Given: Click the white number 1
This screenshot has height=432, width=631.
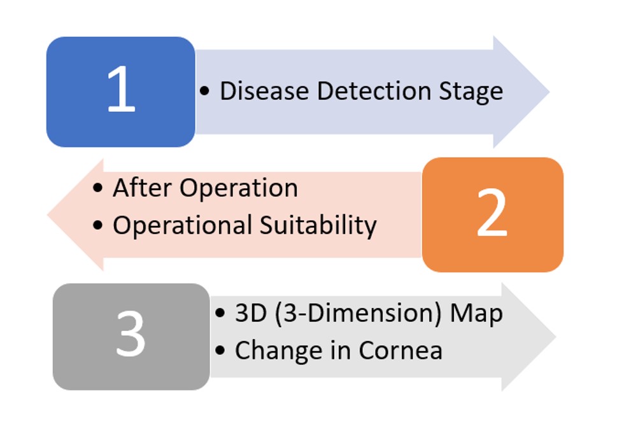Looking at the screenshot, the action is pos(121,89).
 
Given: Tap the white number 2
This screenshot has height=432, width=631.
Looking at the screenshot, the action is pos(492,213).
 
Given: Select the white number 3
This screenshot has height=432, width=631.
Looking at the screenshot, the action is pos(131,333).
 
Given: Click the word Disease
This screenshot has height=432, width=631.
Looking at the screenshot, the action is pos(264,91).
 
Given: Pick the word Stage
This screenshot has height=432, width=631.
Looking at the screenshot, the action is pos(471,92).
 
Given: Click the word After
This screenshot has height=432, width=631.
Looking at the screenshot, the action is pos(142,188).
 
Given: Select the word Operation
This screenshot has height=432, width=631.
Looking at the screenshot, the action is pos(239,190).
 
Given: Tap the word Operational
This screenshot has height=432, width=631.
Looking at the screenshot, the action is pos(182,226).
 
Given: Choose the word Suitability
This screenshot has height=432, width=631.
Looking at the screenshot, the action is pos(318,226).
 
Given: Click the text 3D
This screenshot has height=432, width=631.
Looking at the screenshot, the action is pos(251,313).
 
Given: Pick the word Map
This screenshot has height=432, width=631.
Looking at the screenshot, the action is pos(476,314).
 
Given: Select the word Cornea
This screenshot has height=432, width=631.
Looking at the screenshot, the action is pos(401,351).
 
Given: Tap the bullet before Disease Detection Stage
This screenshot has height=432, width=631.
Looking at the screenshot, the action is pos(204,91).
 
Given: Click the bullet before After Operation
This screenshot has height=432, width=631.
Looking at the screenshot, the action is pos(97,188).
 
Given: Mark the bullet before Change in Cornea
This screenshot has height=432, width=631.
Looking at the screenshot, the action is pos(220,351).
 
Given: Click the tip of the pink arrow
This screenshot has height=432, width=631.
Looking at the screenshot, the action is pos(48,214).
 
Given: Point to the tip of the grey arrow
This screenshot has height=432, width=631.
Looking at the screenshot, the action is pos(556,337).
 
